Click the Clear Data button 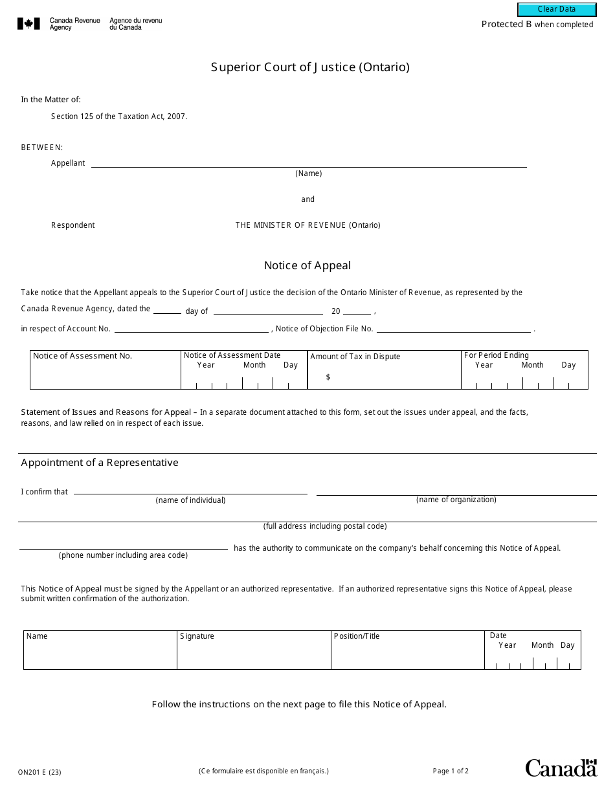click(x=556, y=10)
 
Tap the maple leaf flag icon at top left click(x=28, y=24)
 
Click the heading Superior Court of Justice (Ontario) click(x=310, y=67)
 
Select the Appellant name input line click(x=308, y=162)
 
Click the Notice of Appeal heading click(x=307, y=265)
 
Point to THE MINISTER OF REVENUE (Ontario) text click(x=307, y=225)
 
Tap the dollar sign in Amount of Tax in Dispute click(x=328, y=377)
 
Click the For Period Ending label click(x=496, y=355)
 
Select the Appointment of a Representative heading click(x=100, y=463)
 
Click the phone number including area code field click(x=123, y=545)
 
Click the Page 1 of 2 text click(x=451, y=771)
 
